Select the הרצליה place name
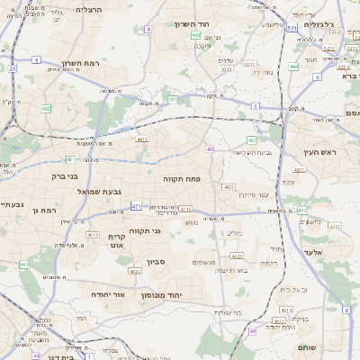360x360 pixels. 88,9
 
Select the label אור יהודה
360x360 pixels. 112,294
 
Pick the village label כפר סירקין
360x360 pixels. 256,194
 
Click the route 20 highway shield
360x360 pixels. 12,68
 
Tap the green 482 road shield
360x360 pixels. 45,109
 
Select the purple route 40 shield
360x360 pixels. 210,148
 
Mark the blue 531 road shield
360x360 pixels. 292,29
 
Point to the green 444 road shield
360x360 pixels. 294,67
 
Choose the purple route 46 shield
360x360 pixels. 253,331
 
